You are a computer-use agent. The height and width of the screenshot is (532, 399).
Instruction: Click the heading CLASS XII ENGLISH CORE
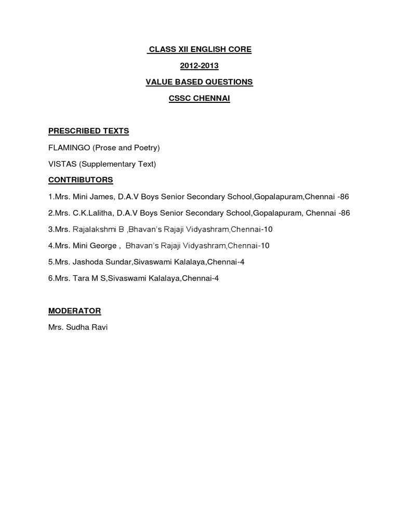[x=199, y=49]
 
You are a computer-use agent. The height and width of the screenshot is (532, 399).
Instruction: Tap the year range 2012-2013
[x=199, y=65]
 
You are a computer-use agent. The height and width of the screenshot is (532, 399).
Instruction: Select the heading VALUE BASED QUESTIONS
[x=199, y=82]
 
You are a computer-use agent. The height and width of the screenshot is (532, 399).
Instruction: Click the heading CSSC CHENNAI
[x=199, y=98]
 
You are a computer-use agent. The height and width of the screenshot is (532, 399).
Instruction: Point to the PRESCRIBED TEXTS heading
[x=88, y=131]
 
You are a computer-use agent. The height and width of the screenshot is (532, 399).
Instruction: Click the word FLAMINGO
[x=69, y=148]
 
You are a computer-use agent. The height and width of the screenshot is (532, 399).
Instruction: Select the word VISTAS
[x=62, y=164]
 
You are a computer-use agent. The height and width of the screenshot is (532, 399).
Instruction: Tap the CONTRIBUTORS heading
[x=81, y=180]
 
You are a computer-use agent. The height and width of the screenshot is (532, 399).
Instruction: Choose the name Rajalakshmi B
[x=98, y=230]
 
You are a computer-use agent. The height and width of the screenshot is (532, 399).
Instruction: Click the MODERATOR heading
[x=75, y=311]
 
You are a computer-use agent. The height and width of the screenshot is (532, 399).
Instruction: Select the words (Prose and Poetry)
[x=126, y=148]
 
